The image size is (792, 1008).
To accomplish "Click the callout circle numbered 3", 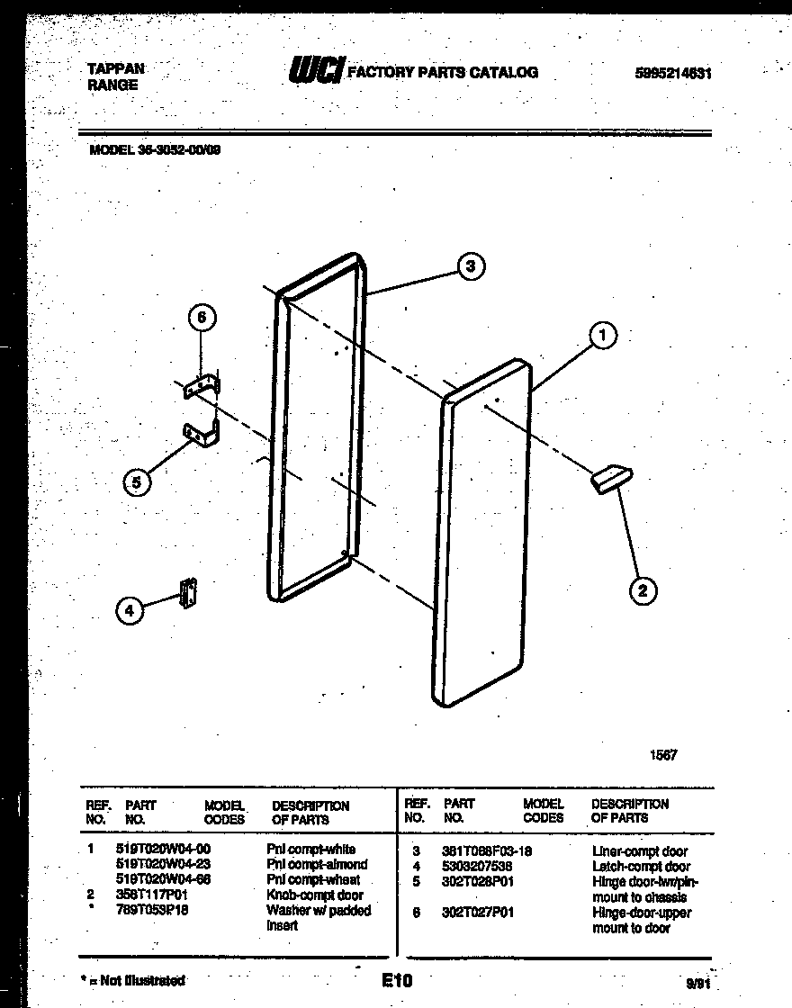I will pyautogui.click(x=471, y=265).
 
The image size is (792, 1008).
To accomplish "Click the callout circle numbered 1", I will pyautogui.click(x=603, y=337).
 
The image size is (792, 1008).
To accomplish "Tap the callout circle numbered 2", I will pyautogui.click(x=642, y=590).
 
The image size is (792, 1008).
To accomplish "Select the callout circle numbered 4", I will pyautogui.click(x=130, y=610).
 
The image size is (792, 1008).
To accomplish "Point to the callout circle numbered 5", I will pyautogui.click(x=136, y=482).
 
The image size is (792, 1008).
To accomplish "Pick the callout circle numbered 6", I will pyautogui.click(x=202, y=318).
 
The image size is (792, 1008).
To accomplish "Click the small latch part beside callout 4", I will pyautogui.click(x=189, y=592).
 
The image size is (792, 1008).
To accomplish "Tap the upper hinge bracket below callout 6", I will pyautogui.click(x=203, y=386).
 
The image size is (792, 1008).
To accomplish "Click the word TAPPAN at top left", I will pyautogui.click(x=116, y=68).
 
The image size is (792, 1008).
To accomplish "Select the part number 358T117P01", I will pyautogui.click(x=151, y=895).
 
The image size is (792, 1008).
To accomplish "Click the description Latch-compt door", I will pyautogui.click(x=641, y=866).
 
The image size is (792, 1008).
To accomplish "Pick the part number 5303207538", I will pyautogui.click(x=477, y=866).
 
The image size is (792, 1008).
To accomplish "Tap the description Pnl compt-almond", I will pyautogui.click(x=317, y=865).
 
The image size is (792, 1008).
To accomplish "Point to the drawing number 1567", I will pyautogui.click(x=663, y=755).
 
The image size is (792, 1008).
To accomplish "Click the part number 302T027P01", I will pyautogui.click(x=479, y=913).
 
